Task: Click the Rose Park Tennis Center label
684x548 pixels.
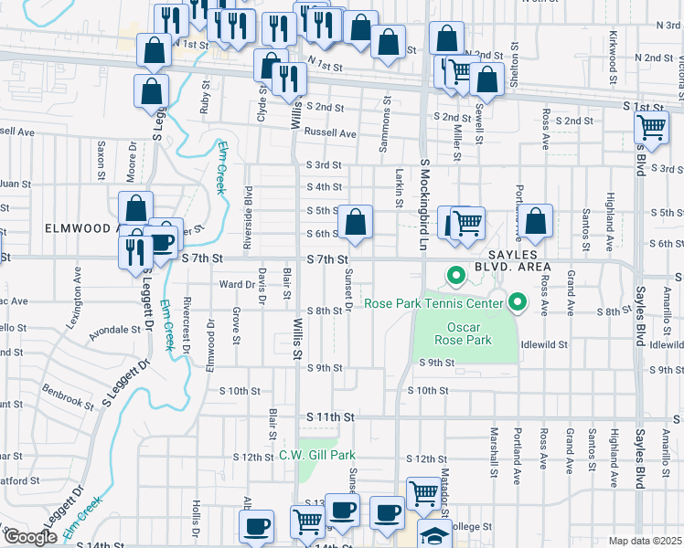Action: (434, 303)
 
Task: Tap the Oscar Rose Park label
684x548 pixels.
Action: (470, 333)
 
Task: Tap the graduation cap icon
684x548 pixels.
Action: (435, 535)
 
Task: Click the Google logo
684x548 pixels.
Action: (29, 537)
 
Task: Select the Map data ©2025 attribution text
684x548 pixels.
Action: (646, 541)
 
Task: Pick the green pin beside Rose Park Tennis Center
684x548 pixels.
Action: (518, 300)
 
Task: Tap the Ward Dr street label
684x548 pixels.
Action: (236, 284)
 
